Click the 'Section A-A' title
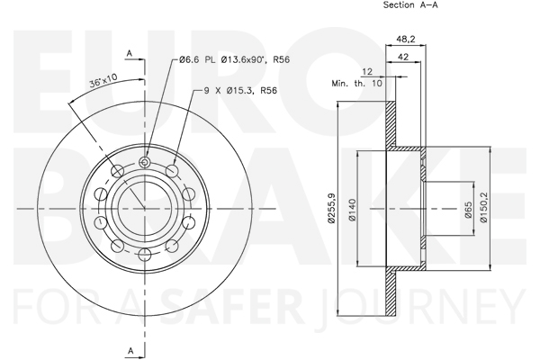point(410,4)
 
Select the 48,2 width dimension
point(405,39)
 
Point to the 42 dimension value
point(402,57)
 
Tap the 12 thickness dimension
point(367,71)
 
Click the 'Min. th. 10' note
point(356,84)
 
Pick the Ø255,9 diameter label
point(331,209)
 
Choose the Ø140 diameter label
point(352,210)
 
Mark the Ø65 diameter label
point(468,210)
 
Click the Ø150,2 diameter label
point(484,208)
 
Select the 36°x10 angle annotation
point(103,80)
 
